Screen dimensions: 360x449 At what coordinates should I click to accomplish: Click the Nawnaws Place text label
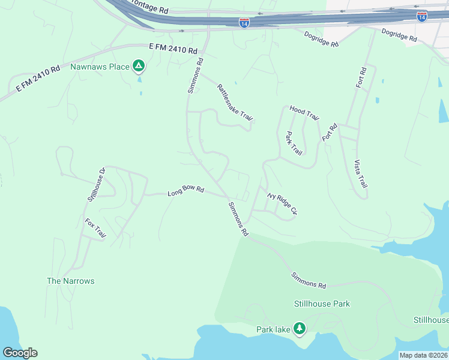[x=100, y=67]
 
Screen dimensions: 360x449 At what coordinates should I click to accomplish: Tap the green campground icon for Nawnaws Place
[x=139, y=65]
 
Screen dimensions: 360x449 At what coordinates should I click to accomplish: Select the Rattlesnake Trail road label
[x=235, y=103]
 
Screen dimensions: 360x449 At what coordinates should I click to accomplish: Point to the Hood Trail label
[x=304, y=112]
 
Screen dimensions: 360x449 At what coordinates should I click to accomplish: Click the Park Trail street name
[x=294, y=143]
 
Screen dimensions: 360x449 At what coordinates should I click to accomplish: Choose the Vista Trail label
[x=360, y=175]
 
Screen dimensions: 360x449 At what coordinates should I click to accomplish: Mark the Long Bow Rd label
[x=185, y=192]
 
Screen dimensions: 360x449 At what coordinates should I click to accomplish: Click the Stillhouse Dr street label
[x=96, y=184]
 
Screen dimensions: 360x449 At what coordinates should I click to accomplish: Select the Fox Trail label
[x=95, y=229]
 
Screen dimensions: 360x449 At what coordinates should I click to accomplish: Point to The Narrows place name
[x=71, y=281]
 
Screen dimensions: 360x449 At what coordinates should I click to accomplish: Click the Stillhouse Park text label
[x=322, y=304]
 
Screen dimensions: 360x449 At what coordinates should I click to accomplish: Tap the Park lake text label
[x=273, y=329]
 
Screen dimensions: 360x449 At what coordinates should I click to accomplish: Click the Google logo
[x=20, y=353]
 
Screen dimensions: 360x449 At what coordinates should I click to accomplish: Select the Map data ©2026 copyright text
[x=423, y=355]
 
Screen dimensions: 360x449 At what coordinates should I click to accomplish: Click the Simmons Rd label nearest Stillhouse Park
[x=309, y=280]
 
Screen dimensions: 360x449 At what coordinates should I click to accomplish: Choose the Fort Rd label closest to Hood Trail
[x=330, y=132]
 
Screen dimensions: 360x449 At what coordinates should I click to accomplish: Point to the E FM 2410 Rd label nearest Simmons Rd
[x=173, y=48]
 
